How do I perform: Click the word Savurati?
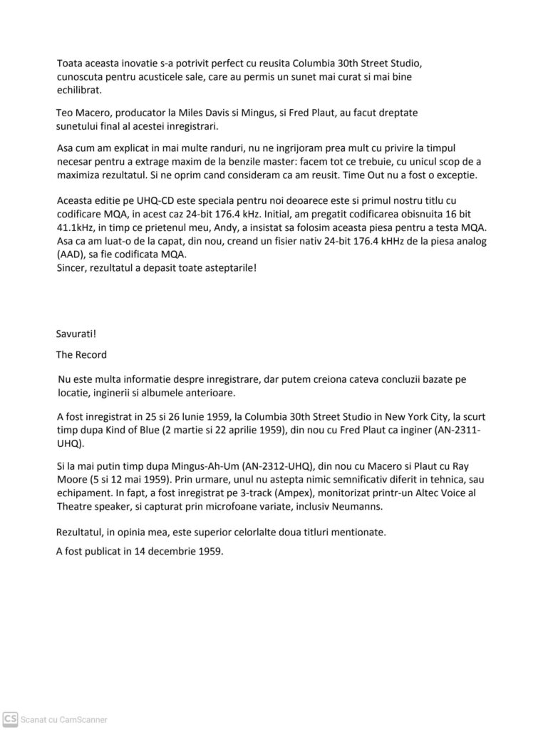pos(76,334)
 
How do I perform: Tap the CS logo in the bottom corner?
pos(11,718)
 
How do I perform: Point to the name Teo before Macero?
pos(64,113)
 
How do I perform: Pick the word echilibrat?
pos(80,91)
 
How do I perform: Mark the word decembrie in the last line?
pos(160,550)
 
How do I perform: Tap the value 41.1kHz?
pos(76,227)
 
